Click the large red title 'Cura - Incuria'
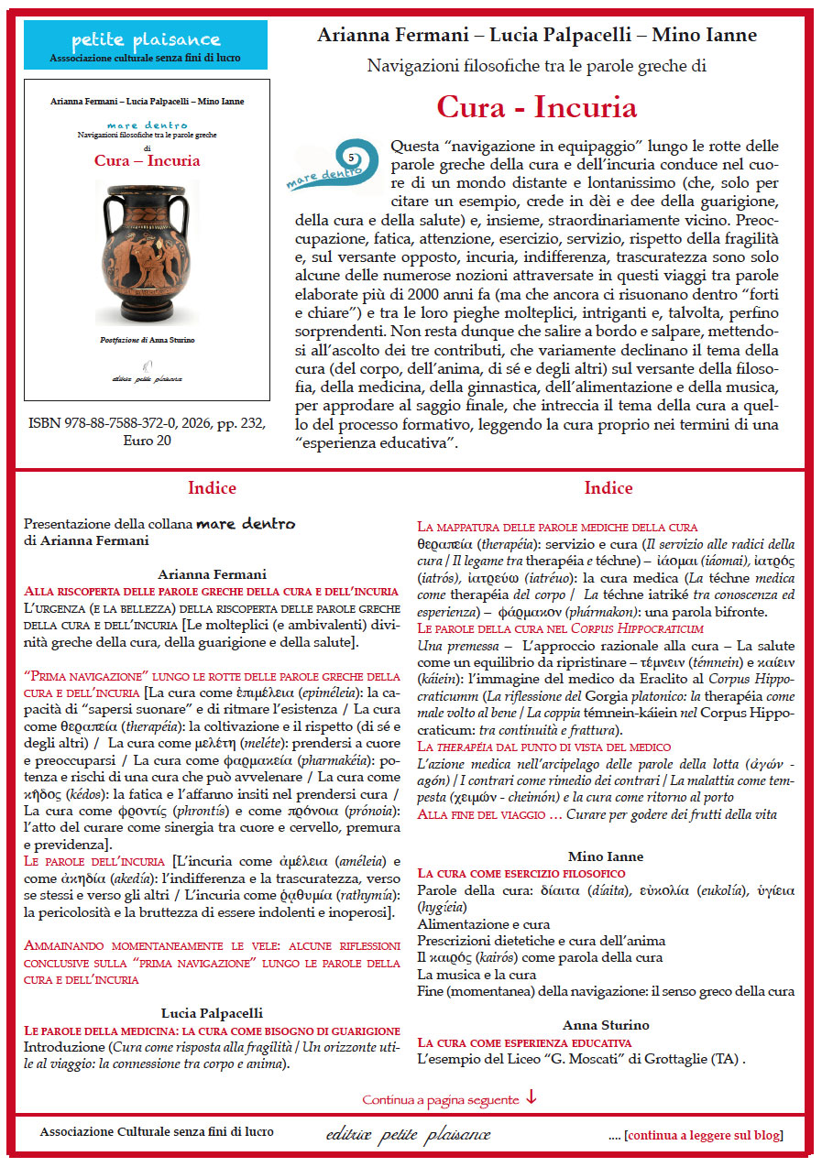(x=537, y=107)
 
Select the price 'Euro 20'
(x=147, y=441)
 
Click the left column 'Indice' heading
(x=212, y=488)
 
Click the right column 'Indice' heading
(x=608, y=488)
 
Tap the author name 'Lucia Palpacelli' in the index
(x=212, y=1012)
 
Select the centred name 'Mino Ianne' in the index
(x=606, y=856)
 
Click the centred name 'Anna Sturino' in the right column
(x=606, y=1024)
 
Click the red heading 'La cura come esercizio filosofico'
(x=521, y=873)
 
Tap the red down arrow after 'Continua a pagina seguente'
(x=532, y=1097)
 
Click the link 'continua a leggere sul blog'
(x=704, y=1135)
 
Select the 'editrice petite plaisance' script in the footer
(x=408, y=1135)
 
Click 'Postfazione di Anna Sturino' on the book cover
(x=147, y=339)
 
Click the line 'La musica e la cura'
(x=477, y=974)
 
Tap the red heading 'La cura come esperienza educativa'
(x=524, y=1042)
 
